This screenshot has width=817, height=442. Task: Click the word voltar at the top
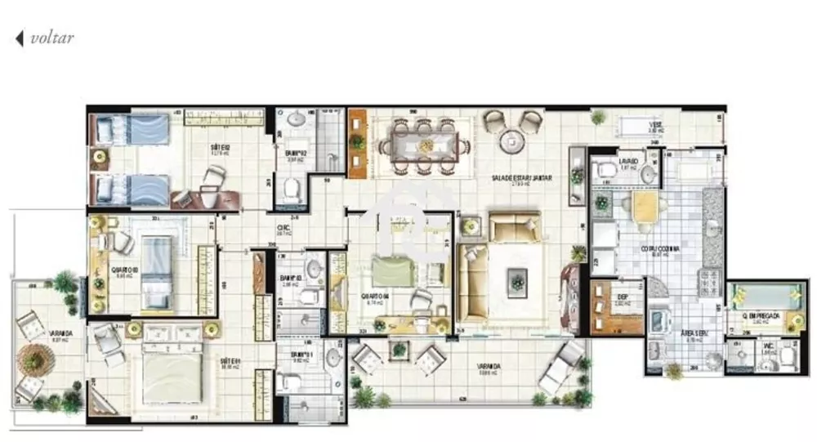51,38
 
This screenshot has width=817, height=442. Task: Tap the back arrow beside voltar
20,38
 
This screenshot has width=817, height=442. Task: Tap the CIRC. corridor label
283,229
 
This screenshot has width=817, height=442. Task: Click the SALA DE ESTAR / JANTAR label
520,178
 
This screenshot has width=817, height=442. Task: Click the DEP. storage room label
621,298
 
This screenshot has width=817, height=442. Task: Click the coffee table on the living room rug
516,280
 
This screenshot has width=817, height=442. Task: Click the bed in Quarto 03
157,273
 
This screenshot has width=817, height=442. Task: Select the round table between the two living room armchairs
511,141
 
